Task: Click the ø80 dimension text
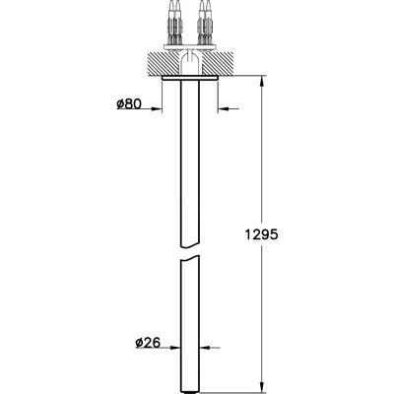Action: (x=129, y=103)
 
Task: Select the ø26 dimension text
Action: (x=148, y=343)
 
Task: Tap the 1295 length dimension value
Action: (x=262, y=234)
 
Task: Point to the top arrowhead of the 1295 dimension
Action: (x=262, y=82)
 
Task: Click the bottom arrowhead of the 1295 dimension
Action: (x=262, y=387)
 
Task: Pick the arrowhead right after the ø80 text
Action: (x=157, y=108)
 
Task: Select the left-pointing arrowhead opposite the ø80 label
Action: (x=224, y=108)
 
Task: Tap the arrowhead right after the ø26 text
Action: (x=175, y=348)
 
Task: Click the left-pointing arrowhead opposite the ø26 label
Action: (x=205, y=348)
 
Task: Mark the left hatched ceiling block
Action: (x=163, y=63)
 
